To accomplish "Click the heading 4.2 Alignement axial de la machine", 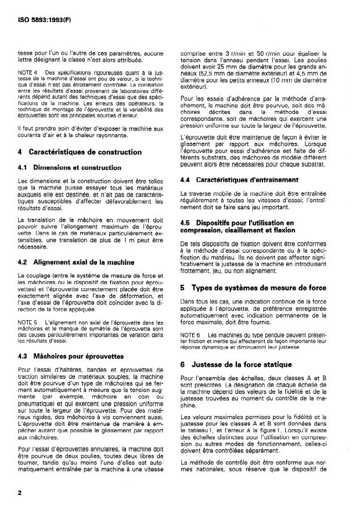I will click(75, 262).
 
